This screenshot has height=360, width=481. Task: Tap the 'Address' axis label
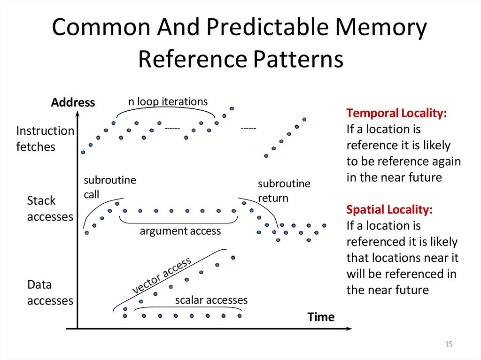(73, 102)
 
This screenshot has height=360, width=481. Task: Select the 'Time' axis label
(321, 317)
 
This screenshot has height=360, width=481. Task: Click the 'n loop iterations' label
(168, 101)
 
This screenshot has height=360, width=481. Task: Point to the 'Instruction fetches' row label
(45, 138)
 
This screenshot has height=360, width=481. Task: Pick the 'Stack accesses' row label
(49, 209)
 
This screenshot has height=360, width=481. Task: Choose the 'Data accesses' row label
(49, 292)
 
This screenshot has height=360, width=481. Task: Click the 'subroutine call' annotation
(109, 187)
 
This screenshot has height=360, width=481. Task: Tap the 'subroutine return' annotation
(284, 190)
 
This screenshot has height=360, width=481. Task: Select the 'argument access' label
(180, 231)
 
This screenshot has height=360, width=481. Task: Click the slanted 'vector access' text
(162, 276)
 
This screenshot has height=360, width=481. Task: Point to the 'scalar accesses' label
(211, 300)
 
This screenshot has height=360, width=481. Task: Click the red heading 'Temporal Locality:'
(396, 113)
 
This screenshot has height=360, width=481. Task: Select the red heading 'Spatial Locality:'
(389, 210)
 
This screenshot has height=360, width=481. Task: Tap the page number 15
(448, 345)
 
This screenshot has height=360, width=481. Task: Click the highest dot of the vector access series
(233, 257)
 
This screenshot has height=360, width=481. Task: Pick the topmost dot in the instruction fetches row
(232, 108)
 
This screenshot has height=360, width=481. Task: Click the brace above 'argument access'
(178, 221)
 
